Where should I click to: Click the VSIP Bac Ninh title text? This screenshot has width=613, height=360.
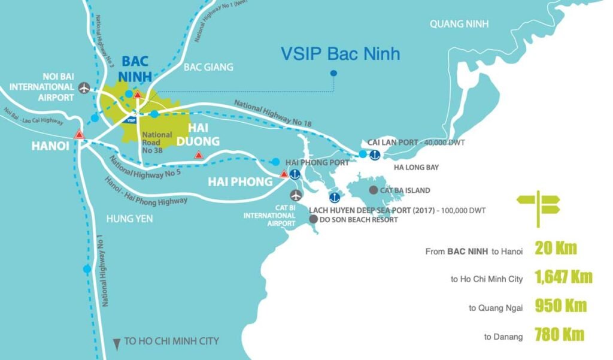[x=340, y=55]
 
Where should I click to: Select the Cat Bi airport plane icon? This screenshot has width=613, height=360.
[x=296, y=195]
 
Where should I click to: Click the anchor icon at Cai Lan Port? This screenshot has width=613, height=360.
[x=374, y=155]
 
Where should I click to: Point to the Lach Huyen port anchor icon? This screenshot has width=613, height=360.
[x=335, y=196]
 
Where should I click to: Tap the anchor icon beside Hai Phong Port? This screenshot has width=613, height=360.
[x=295, y=174]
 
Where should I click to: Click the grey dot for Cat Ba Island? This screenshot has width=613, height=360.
[x=374, y=190]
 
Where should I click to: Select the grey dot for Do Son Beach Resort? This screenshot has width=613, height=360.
[x=313, y=219]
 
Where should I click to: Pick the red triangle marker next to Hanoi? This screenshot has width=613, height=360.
[x=78, y=135]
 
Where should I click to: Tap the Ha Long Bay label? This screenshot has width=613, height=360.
[x=417, y=167]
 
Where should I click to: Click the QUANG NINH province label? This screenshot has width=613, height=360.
[x=459, y=24]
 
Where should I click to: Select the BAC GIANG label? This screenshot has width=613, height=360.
[x=208, y=67]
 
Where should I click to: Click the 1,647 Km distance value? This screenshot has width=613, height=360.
[x=563, y=277]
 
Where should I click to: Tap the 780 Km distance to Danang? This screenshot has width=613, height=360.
[x=560, y=334]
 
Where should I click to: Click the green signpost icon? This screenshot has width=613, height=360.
[x=538, y=207]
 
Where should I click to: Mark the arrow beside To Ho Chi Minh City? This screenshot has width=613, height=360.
[x=116, y=343]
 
